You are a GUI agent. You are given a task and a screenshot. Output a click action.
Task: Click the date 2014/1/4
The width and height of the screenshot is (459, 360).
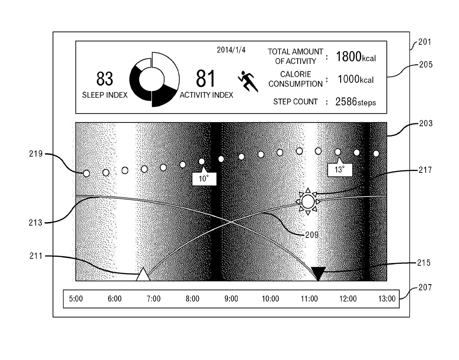tap(231, 50)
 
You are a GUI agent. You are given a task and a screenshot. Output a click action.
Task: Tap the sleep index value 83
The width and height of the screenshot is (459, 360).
tap(105, 78)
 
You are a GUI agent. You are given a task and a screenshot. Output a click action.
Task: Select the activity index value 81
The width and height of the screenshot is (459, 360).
tap(206, 78)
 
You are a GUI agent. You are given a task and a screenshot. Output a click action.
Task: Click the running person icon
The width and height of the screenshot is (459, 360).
tap(247, 81)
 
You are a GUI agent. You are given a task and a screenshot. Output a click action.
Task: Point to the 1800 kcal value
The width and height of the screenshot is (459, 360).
tap(355, 57)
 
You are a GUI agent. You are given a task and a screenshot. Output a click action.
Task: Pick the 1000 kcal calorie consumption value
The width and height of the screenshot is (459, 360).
tap(355, 79)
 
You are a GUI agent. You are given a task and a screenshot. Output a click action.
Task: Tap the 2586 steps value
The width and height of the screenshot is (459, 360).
tap(355, 102)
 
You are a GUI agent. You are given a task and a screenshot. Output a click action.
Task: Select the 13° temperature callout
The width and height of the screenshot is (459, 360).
tap(339, 170)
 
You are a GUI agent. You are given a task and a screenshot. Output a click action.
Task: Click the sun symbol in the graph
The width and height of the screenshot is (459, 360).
tap(308, 202)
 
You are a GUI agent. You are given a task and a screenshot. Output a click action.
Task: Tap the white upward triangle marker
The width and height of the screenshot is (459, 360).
tap(143, 275)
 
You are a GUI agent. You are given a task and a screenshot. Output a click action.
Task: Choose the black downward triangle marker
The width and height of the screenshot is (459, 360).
tap(318, 273)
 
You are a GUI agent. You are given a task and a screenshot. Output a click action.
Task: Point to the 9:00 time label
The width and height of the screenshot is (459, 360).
tap(231, 299)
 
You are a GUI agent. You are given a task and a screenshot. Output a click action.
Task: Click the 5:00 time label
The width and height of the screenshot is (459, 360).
tap(76, 299)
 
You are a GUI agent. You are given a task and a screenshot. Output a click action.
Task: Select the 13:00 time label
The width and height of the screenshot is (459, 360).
tap(387, 299)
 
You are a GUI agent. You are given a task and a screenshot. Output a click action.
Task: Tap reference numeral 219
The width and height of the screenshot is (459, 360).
tap(36, 154)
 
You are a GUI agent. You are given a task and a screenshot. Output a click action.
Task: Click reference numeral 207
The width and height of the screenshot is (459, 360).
tap(425, 287)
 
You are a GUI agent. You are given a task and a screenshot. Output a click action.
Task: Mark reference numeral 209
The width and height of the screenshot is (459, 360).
tap(311, 235)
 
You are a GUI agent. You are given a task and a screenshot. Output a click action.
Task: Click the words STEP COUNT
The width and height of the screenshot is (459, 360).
tap(295, 101)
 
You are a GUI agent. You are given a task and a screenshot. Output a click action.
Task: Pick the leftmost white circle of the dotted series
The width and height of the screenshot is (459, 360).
tap(86, 173)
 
